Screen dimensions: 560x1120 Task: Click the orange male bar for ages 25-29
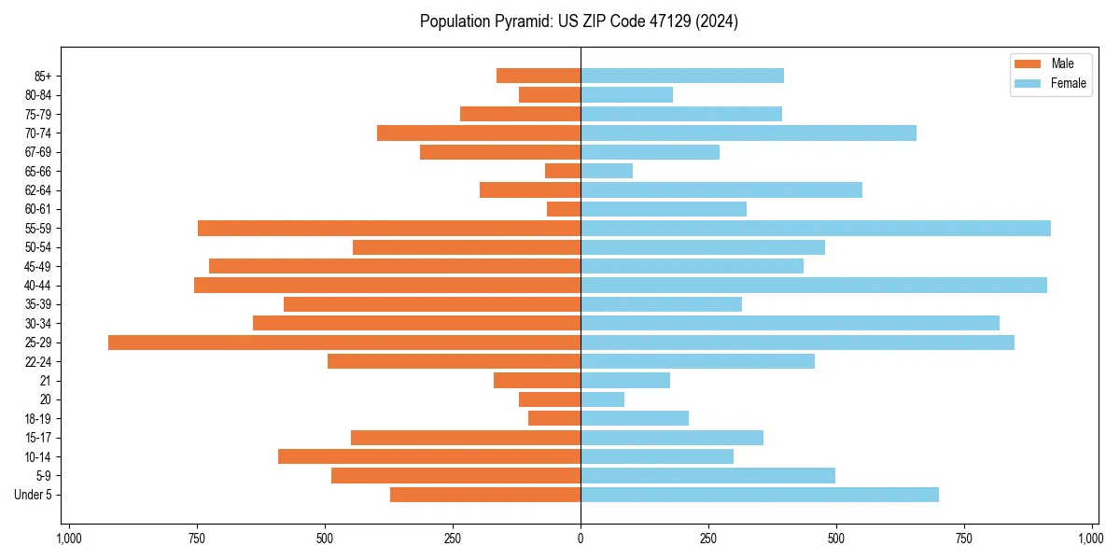344,343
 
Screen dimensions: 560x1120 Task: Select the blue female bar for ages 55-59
815,229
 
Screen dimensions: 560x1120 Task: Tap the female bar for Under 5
759,495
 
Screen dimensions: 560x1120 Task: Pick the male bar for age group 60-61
564,209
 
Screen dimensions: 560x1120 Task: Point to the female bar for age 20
602,399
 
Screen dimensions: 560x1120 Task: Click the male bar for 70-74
478,133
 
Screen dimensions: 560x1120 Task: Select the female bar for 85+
681,77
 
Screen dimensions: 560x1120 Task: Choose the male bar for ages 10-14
429,456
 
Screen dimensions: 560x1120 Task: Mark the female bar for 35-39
661,304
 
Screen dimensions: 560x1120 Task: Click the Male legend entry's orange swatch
1027,64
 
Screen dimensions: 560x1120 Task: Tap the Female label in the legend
1068,84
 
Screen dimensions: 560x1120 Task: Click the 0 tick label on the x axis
581,539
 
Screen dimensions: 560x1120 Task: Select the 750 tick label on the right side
964,539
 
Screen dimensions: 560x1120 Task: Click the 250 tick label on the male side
453,539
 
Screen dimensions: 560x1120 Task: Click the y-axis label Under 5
33,495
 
